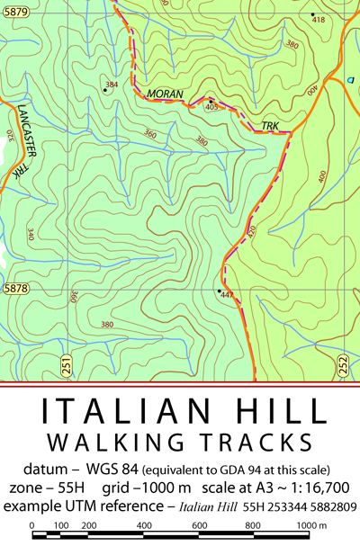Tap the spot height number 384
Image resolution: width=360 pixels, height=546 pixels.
(112, 85)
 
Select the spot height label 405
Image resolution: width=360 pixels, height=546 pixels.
(212, 107)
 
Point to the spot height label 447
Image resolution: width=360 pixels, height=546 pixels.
(227, 295)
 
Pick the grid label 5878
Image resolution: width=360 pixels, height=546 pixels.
(15, 289)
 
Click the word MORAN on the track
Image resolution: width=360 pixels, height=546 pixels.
(165, 94)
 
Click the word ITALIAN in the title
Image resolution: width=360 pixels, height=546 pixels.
(121, 412)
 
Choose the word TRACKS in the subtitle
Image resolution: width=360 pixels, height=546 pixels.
(256, 443)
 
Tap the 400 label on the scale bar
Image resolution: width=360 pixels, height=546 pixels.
(143, 524)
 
